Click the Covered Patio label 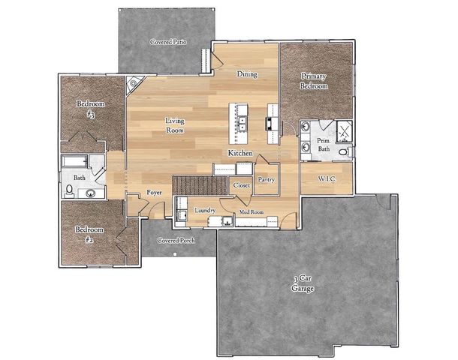tap(168, 41)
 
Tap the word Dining tap(247, 74)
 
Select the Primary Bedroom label tap(315, 81)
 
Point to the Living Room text tap(174, 125)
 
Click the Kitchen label tap(240, 153)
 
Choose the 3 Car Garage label tap(303, 283)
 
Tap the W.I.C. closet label tap(326, 179)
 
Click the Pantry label tap(266, 180)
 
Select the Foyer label tap(154, 193)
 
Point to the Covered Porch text tap(176, 241)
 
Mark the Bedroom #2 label tap(88, 235)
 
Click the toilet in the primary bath tap(344, 151)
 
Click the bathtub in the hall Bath tap(76, 163)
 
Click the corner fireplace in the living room tap(134, 83)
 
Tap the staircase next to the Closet tap(200, 184)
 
